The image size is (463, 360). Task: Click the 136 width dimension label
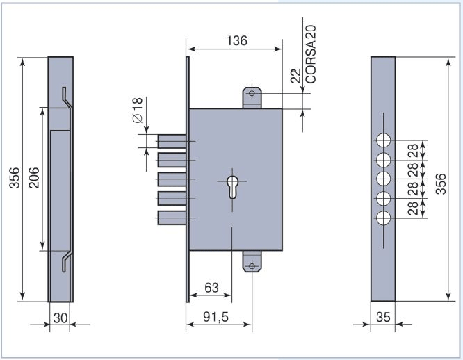pyautogui.click(x=237, y=41)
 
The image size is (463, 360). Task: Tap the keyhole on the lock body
pyautogui.click(x=232, y=186)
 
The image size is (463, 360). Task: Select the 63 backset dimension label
pyautogui.click(x=211, y=288)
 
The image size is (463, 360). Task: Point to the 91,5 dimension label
pyautogui.click(x=216, y=317)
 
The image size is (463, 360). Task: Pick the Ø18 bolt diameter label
pyautogui.click(x=138, y=110)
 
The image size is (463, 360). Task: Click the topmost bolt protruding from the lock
pyautogui.click(x=172, y=141)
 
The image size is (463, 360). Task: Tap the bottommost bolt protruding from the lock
pyautogui.click(x=172, y=218)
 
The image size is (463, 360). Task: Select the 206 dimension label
pyautogui.click(x=34, y=178)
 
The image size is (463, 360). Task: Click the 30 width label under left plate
pyautogui.click(x=60, y=318)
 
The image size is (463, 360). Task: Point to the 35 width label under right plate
pyautogui.click(x=383, y=317)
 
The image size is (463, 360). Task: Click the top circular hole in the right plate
pyautogui.click(x=383, y=140)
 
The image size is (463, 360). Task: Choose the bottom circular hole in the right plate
pyautogui.click(x=383, y=218)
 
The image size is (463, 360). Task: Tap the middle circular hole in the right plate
pyautogui.click(x=383, y=179)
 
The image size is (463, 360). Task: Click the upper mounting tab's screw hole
pyautogui.click(x=252, y=94)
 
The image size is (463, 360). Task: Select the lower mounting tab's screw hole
pyautogui.click(x=252, y=266)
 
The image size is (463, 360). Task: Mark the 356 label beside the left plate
pyautogui.click(x=14, y=178)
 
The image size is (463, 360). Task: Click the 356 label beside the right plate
pyautogui.click(x=441, y=184)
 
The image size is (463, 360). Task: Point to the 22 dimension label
pyautogui.click(x=295, y=76)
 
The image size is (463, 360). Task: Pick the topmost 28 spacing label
pyautogui.click(x=413, y=151)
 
